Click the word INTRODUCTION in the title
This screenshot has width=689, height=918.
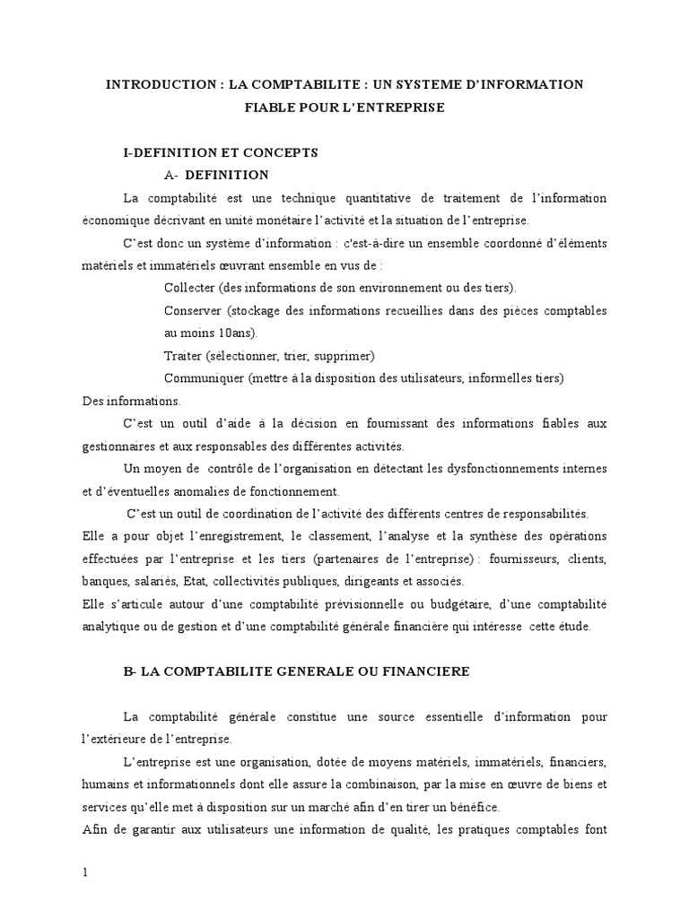click(150, 84)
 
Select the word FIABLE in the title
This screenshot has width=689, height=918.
click(270, 108)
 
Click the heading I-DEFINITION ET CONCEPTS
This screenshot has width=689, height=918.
click(220, 153)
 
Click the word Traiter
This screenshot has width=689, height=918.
click(184, 355)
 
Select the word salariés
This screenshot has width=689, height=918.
click(153, 581)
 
